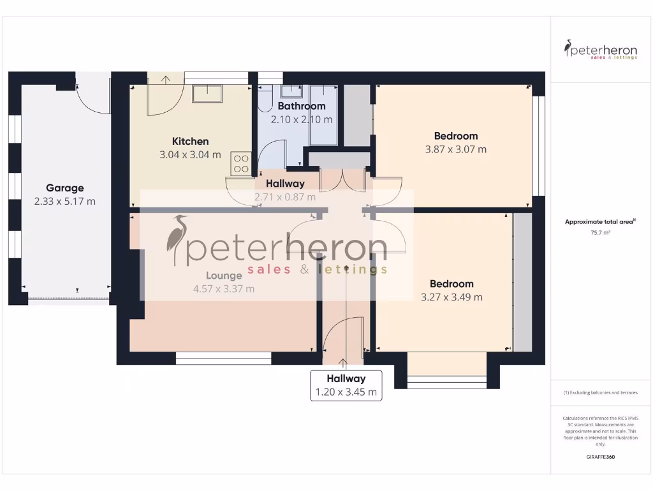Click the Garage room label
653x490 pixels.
(64, 188)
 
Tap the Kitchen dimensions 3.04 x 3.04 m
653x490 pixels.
(190, 154)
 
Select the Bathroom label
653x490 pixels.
(302, 106)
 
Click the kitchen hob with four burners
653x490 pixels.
(241, 163)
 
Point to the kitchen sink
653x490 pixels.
(207, 94)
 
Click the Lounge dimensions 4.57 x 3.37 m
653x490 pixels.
(224, 289)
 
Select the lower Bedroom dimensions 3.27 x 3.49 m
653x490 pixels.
(451, 297)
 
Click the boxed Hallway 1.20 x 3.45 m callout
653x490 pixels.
(346, 385)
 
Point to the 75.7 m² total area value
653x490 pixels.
(601, 233)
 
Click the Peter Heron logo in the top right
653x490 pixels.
(601, 49)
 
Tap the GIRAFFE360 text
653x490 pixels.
(601, 457)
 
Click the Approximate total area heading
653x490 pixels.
(600, 222)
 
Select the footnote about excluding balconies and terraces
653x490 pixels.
(601, 392)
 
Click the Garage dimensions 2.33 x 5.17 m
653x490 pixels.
(64, 202)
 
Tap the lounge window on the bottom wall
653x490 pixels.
(223, 359)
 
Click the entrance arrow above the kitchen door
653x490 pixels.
(166, 80)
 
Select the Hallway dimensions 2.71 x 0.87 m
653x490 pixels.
(285, 197)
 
